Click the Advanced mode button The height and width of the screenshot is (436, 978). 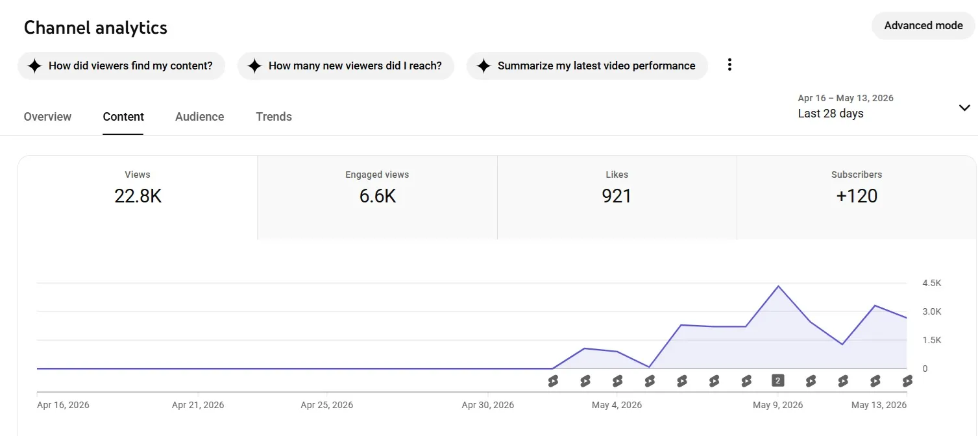click(923, 26)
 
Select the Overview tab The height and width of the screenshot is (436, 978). click(47, 117)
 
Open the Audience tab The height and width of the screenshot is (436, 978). click(199, 117)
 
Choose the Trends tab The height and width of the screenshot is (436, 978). click(274, 117)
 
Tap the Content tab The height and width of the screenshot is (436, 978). click(123, 117)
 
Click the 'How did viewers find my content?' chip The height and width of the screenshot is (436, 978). click(121, 66)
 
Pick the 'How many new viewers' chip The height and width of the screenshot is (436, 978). click(346, 66)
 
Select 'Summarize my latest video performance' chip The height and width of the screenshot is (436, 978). click(587, 66)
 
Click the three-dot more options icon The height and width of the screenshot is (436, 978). click(729, 65)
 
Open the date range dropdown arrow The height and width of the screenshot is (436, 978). click(964, 107)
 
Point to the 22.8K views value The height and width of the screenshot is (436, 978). click(138, 196)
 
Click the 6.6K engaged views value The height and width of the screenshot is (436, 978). click(378, 196)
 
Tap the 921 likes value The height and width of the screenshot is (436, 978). click(617, 196)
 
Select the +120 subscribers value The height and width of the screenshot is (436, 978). click(857, 196)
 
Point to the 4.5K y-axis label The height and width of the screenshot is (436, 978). click(932, 283)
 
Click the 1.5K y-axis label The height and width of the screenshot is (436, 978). click(932, 340)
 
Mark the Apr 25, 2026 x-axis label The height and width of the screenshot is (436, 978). click(326, 405)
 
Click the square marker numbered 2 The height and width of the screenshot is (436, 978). click(777, 381)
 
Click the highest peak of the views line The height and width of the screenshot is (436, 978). click(778, 286)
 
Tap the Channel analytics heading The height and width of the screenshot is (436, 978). click(95, 27)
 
